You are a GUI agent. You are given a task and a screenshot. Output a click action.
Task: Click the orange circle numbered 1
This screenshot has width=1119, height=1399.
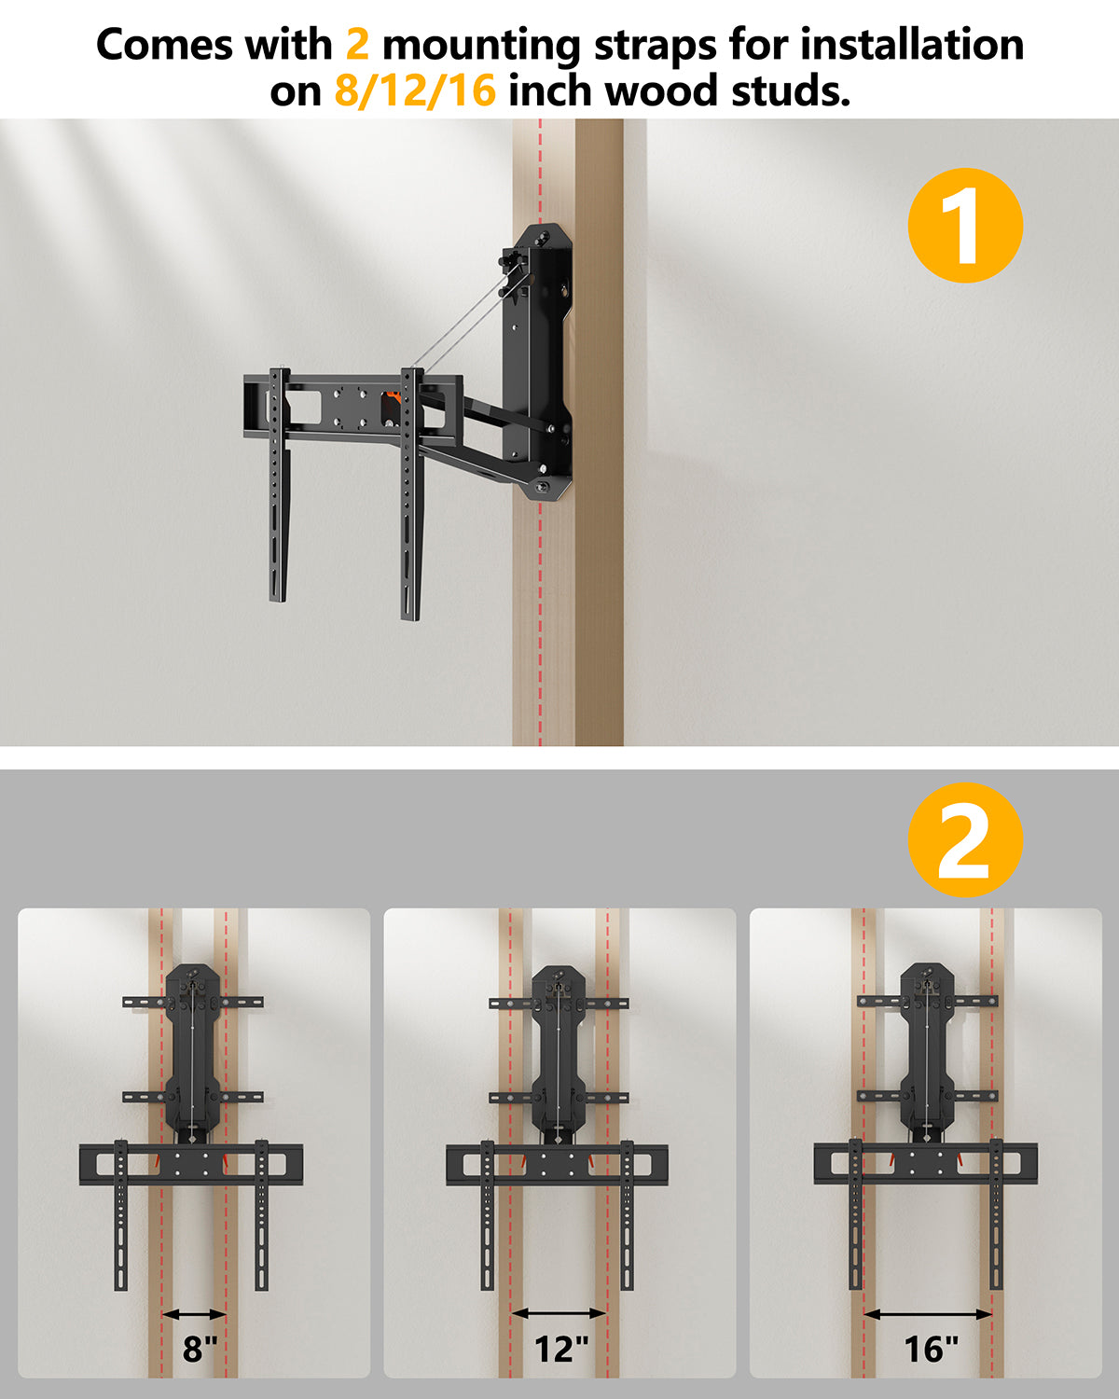click(x=965, y=226)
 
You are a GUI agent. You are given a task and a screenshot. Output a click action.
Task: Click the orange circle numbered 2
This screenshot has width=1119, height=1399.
click(x=965, y=839)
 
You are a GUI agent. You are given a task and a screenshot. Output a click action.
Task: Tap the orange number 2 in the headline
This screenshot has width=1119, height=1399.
click(x=357, y=44)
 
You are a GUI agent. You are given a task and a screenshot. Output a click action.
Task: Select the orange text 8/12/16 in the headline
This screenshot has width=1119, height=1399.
click(x=415, y=91)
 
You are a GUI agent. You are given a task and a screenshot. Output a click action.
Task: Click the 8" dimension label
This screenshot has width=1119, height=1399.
click(x=199, y=1349)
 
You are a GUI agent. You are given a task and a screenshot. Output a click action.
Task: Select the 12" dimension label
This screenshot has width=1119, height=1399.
click(x=560, y=1349)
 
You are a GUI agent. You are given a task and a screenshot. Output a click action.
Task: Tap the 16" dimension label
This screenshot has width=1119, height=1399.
click(x=930, y=1349)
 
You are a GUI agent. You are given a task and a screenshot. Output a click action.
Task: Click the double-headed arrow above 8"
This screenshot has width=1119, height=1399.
click(x=194, y=1314)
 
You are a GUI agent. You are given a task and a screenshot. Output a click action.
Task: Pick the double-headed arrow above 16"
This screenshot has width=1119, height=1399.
click(x=928, y=1314)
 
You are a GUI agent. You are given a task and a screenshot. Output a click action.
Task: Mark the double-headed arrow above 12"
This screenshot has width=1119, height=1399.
click(x=559, y=1313)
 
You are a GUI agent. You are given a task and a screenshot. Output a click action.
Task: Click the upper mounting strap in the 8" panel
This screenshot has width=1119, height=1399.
click(x=193, y=1003)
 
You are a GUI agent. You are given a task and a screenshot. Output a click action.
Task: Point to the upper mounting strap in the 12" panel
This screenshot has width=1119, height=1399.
click(x=559, y=1003)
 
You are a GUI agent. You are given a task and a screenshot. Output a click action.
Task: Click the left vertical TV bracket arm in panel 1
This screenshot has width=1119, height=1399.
click(x=278, y=485)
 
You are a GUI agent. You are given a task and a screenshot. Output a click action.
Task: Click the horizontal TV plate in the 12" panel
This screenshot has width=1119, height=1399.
click(x=558, y=1164)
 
